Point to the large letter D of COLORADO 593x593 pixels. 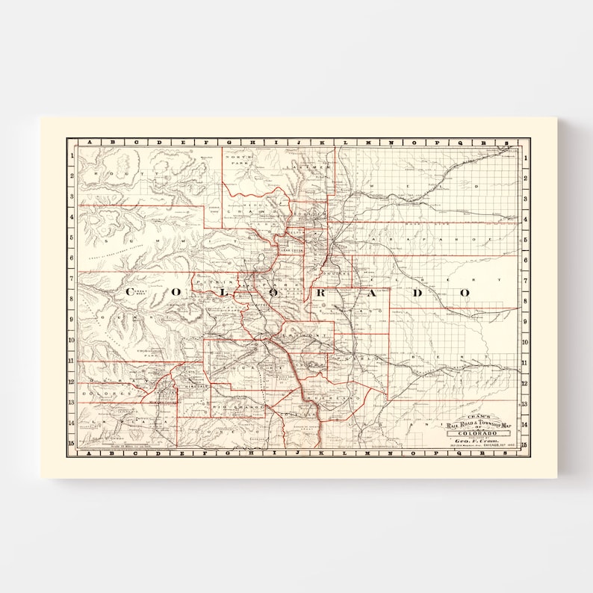pyautogui.click(x=420, y=293)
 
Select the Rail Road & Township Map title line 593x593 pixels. pyautogui.click(x=478, y=425)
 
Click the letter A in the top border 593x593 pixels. pyautogui.click(x=90, y=143)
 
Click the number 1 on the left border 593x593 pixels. pyautogui.click(x=72, y=156)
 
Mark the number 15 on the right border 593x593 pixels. pyautogui.click(x=525, y=444)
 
